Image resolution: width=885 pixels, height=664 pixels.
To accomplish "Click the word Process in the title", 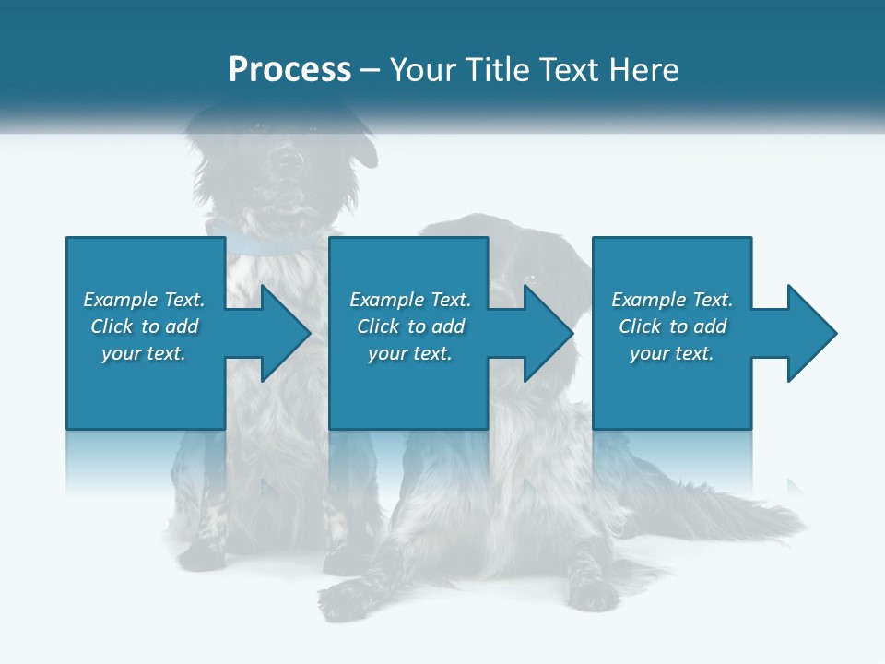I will tap(289, 70).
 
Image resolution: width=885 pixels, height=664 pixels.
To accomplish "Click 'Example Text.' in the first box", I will tap(144, 300).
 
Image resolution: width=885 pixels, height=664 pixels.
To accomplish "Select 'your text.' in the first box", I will tap(144, 353).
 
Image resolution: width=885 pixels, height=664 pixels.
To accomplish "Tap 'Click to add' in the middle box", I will tap(410, 326).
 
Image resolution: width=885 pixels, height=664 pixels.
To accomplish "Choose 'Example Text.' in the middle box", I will tap(410, 300).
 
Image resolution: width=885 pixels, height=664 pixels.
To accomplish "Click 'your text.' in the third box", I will tap(672, 353).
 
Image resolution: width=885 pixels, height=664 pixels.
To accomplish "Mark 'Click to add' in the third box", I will tap(672, 326).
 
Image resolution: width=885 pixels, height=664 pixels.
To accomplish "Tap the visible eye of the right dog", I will tap(530, 278).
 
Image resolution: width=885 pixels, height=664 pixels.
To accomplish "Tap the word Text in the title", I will tap(568, 70).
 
